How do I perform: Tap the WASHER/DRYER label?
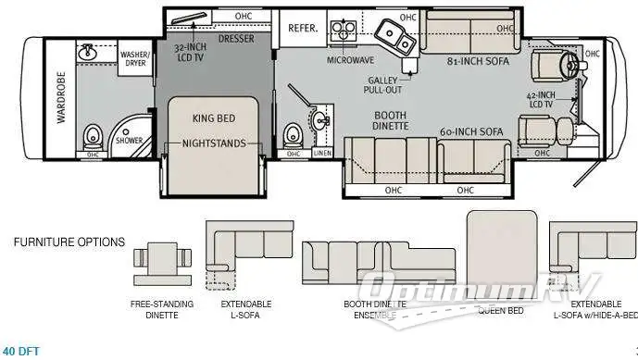(134, 60)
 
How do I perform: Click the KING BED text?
(213, 118)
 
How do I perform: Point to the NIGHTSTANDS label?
(213, 143)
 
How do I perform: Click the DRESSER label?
(236, 39)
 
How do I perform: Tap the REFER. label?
(303, 29)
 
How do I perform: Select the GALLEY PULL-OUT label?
(383, 85)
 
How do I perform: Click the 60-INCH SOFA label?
(471, 131)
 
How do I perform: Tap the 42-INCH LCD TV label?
(541, 100)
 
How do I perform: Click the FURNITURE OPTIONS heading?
(69, 242)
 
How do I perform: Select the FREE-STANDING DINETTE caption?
(162, 309)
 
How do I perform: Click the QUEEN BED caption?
(500, 309)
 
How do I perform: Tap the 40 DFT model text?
(21, 351)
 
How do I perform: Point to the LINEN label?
(322, 154)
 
